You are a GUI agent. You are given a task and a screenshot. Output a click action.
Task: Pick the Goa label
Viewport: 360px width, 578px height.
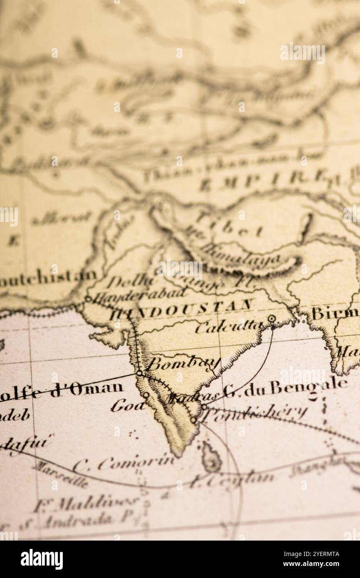pos(127,405)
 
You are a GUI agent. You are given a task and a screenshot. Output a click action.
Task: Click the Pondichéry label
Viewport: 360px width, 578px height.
pos(256,413)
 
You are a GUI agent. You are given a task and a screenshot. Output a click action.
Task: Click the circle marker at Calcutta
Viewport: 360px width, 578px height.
pos(271,319)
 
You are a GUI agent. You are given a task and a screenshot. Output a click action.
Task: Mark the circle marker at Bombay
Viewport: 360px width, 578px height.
pos(139,373)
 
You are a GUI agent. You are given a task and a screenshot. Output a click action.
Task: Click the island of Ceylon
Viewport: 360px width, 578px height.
pos(211,457)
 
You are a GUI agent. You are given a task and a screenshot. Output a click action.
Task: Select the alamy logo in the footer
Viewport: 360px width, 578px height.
pos(42,559)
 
